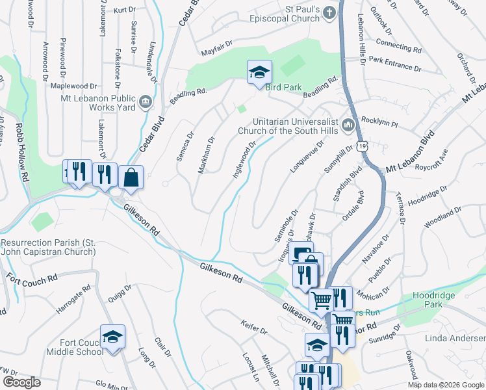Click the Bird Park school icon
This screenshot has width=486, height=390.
click(259, 73)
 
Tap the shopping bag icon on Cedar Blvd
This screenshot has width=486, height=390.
click(131, 176)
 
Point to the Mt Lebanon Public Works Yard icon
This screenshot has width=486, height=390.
click(145, 101)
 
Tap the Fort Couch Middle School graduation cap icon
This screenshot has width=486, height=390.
click(112, 337)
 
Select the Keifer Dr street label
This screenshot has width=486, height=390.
click(253, 331)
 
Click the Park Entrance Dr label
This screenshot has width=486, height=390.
click(390, 66)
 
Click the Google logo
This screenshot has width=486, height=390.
click(21, 382)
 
